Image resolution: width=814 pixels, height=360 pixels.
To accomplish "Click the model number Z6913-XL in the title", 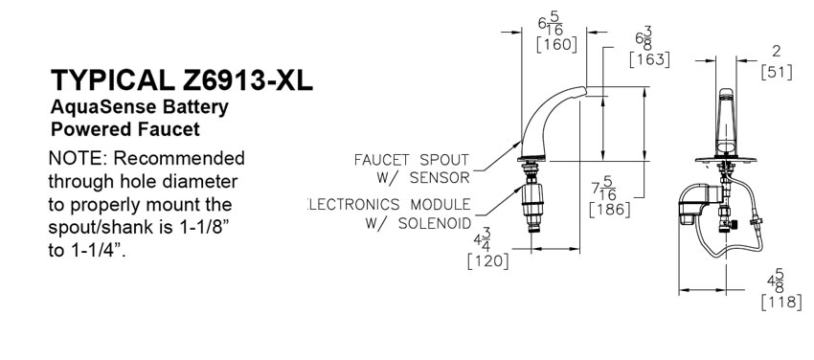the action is click(248, 80).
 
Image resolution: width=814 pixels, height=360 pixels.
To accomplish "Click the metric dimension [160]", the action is click(556, 45).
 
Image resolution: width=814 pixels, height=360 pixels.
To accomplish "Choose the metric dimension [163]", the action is click(649, 59).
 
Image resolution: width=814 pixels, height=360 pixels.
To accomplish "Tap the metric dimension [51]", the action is click(777, 73).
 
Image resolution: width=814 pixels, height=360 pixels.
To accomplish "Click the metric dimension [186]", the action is click(610, 210).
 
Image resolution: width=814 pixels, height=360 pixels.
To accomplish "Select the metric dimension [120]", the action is click(488, 261).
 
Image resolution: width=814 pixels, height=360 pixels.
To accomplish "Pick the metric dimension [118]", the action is click(780, 302).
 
